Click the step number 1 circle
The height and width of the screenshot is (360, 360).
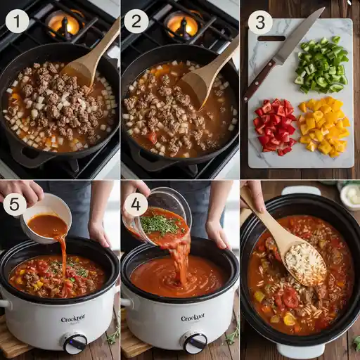18,22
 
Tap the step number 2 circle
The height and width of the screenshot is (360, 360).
136,22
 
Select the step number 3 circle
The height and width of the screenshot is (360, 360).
259,22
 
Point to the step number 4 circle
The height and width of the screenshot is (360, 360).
136,205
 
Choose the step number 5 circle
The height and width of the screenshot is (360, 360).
15,205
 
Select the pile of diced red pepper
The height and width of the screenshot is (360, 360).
275,126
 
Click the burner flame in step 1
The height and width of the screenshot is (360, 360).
63,25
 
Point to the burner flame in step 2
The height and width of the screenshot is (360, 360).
182,25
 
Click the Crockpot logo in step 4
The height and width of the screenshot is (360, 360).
193,318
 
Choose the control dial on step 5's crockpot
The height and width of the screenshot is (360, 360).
75,342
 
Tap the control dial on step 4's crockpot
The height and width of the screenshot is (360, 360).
194,342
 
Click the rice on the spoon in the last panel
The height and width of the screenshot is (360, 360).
305,262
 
